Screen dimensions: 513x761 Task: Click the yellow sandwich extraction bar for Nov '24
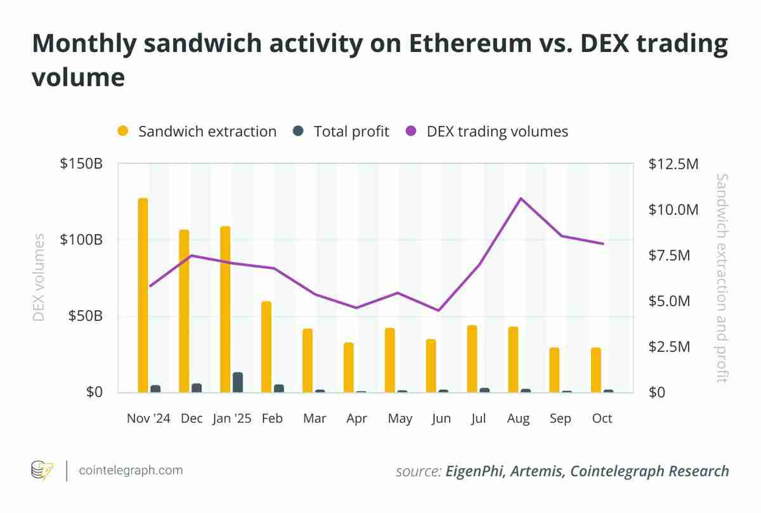[x=143, y=295]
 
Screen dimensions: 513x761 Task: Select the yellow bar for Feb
[x=266, y=347]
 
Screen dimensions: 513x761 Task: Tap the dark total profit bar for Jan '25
[x=238, y=382]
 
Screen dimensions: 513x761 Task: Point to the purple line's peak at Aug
[x=520, y=198]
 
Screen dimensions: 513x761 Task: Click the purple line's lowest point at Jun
[x=438, y=310]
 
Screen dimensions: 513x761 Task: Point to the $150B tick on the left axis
[x=81, y=164]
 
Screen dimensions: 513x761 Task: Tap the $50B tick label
[x=85, y=316]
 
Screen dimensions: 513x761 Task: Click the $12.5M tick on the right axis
[x=673, y=164]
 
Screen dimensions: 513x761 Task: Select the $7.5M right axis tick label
[x=673, y=255]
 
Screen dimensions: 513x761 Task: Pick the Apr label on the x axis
[x=356, y=419]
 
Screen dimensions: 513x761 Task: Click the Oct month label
[x=602, y=419]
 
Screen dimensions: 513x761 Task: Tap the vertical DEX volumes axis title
[x=39, y=278]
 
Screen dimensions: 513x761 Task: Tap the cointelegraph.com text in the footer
[x=130, y=471]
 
